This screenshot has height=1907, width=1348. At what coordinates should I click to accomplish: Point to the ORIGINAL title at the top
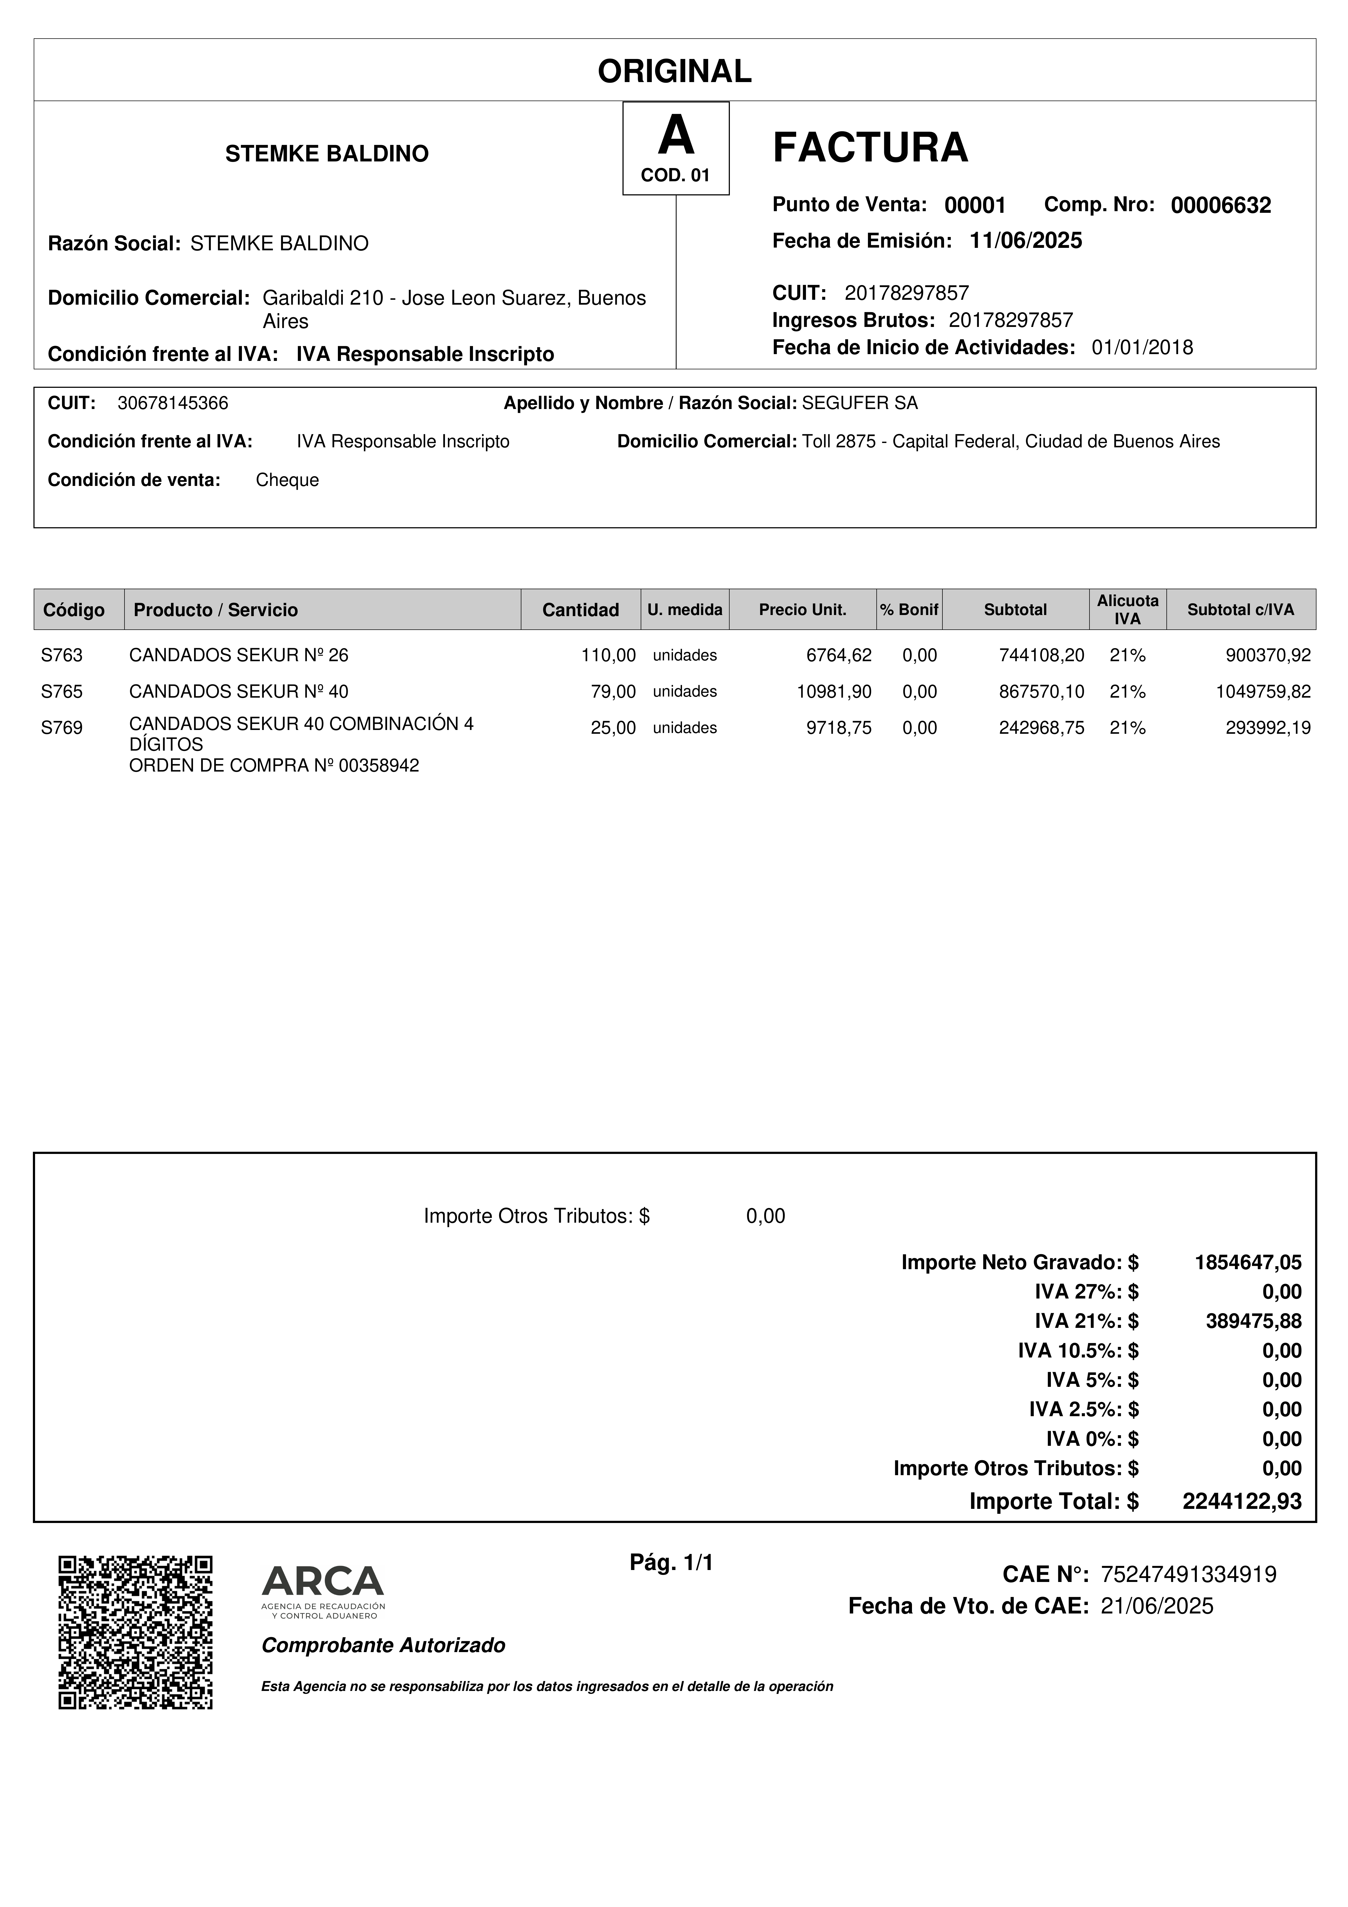pyautogui.click(x=674, y=71)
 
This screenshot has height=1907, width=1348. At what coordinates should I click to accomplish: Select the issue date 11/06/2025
pyautogui.click(x=1026, y=241)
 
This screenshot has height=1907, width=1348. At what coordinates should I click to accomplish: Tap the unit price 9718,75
pyautogui.click(x=839, y=728)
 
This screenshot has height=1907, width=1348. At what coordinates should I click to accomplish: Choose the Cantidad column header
pyautogui.click(x=581, y=610)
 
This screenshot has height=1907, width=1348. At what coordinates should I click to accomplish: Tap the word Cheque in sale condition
pyautogui.click(x=287, y=480)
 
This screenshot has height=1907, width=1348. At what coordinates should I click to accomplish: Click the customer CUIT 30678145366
pyautogui.click(x=173, y=404)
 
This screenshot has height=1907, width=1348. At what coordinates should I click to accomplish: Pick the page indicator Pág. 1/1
pyautogui.click(x=671, y=1563)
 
